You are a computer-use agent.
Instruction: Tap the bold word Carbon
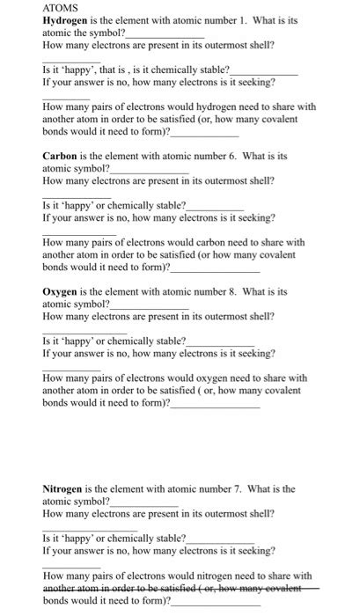(x=62, y=155)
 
